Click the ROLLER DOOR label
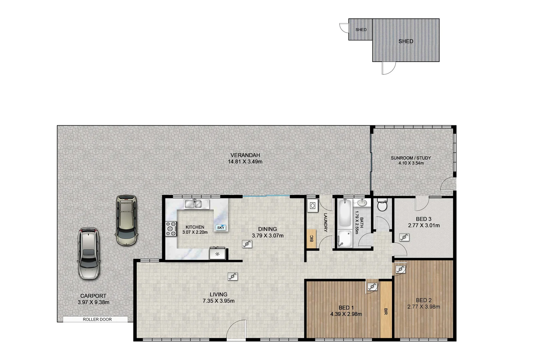tap(97, 319)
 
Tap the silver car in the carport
tap(88, 253)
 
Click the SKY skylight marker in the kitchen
tap(221, 228)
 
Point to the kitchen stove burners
tap(171, 229)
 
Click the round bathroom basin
tap(362, 203)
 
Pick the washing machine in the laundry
tap(313, 206)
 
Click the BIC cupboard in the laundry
tap(311, 239)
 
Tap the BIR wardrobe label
tap(386, 311)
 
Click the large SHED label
tap(406, 41)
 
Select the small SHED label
tap(361, 30)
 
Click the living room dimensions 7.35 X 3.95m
tap(218, 301)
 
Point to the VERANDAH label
tap(245, 155)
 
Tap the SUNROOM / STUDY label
tap(411, 158)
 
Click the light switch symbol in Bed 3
tap(404, 237)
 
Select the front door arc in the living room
tap(236, 330)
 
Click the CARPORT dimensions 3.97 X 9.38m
tap(93, 303)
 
